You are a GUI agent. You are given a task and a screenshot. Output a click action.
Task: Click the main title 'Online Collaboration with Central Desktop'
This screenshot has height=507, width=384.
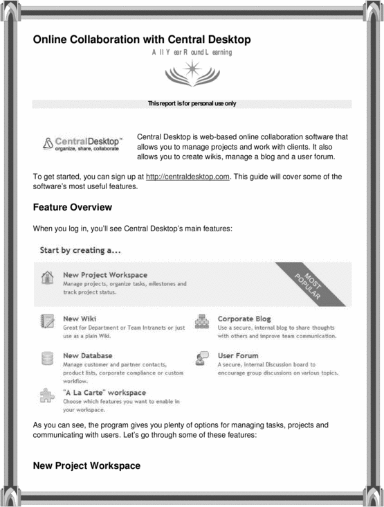click(x=142, y=39)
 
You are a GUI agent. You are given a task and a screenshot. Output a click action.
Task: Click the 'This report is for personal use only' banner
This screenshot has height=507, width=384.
click(x=192, y=104)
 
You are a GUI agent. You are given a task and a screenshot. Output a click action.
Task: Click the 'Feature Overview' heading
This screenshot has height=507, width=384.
click(x=73, y=207)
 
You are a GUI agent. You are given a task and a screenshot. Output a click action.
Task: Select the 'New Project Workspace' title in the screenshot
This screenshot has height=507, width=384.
click(x=104, y=275)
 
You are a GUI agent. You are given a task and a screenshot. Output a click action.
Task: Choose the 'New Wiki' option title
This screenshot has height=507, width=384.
click(x=78, y=319)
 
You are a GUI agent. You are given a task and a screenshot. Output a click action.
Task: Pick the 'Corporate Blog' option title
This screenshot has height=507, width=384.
click(x=244, y=319)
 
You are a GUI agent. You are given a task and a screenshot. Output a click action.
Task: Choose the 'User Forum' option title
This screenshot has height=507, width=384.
click(x=239, y=355)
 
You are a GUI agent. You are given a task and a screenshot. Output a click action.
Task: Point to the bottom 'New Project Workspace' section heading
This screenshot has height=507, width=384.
click(x=86, y=466)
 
